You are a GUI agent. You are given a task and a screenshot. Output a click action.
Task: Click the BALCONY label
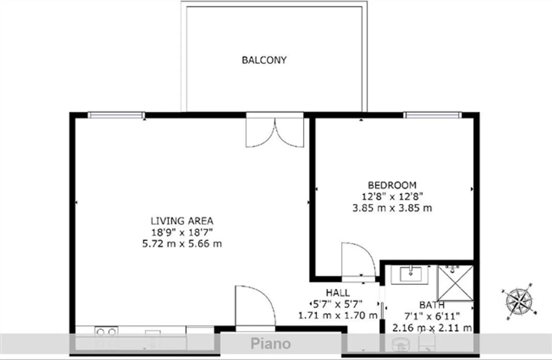pos(264,60)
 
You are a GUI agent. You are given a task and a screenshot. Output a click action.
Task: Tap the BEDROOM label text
pos(392,185)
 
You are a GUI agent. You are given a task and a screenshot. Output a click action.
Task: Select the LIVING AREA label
pos(182,221)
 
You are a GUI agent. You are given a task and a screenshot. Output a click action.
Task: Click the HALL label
pos(338,293)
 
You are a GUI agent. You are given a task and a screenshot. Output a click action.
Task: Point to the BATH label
pos(432,305)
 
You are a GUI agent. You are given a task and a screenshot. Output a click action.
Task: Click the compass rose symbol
pos(519,302)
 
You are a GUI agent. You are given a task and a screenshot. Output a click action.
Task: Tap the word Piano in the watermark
pos(271,344)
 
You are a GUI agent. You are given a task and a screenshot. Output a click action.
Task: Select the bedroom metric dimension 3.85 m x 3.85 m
pos(392,208)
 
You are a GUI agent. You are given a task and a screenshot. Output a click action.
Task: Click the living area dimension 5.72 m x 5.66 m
pos(182,244)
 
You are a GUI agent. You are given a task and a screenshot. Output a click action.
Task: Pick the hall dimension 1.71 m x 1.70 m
pos(338,316)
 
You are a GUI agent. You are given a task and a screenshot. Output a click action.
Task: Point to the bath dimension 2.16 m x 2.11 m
pos(432,328)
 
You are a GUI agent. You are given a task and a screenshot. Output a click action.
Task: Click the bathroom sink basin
pos(411,274)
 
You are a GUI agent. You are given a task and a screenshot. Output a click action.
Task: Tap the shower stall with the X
pos(455,283)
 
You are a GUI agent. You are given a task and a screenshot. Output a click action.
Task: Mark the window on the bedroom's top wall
pos(432,115)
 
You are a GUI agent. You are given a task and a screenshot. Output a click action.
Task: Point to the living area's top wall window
pos(116,115)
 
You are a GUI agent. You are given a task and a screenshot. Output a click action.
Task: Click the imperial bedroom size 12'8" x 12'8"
pos(392,197)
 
